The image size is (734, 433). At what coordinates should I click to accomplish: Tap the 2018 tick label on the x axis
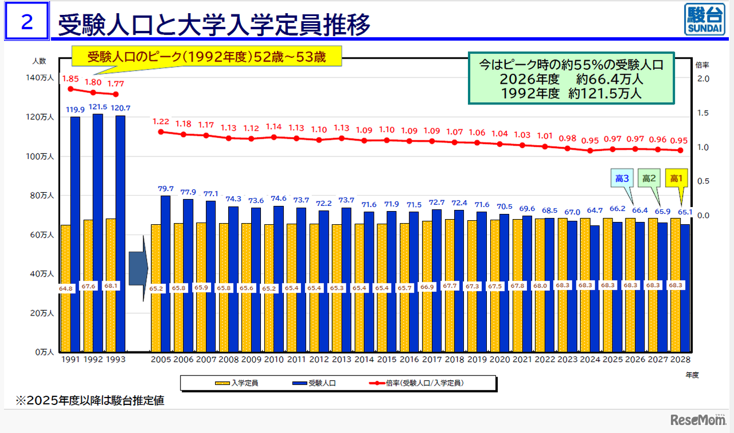454,359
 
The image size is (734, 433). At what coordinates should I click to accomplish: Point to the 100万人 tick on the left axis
44,157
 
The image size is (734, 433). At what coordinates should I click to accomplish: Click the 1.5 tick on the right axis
703,113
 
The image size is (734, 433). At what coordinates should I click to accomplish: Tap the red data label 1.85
70,78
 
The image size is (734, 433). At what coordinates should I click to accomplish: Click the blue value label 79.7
166,189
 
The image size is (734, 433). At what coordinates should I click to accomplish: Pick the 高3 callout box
622,179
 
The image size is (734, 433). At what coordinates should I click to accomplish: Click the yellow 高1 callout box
677,179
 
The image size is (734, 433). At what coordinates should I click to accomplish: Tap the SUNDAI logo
705,21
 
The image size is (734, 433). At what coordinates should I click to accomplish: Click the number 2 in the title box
26,22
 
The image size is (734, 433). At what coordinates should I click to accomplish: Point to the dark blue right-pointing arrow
138,268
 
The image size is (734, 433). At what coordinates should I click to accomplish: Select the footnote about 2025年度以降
90,401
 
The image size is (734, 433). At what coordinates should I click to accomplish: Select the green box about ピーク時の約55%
571,79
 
